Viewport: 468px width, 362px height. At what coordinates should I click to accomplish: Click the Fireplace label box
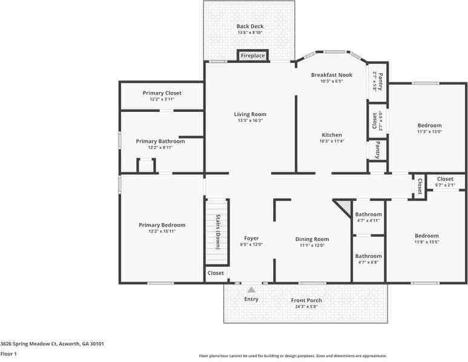252,56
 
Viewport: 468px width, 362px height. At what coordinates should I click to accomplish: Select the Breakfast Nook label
327,74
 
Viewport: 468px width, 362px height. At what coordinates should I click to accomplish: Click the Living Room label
250,114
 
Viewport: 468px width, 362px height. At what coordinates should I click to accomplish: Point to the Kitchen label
332,135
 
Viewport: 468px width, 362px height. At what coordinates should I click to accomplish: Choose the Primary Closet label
162,93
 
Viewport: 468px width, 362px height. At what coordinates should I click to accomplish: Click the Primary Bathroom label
160,141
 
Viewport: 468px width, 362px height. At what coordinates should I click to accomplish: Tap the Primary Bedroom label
162,225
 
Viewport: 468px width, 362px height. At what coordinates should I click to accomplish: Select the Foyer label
251,239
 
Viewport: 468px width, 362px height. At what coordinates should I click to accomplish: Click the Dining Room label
312,239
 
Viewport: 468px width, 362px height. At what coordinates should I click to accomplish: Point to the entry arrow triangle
251,290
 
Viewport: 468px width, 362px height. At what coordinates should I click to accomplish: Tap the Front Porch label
306,300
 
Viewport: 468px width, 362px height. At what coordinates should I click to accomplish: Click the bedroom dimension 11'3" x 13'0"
429,131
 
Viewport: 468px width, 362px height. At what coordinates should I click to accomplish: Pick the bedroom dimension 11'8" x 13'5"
426,242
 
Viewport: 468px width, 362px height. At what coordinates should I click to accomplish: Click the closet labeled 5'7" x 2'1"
445,185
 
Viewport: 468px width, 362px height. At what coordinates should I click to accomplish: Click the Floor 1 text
8,354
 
